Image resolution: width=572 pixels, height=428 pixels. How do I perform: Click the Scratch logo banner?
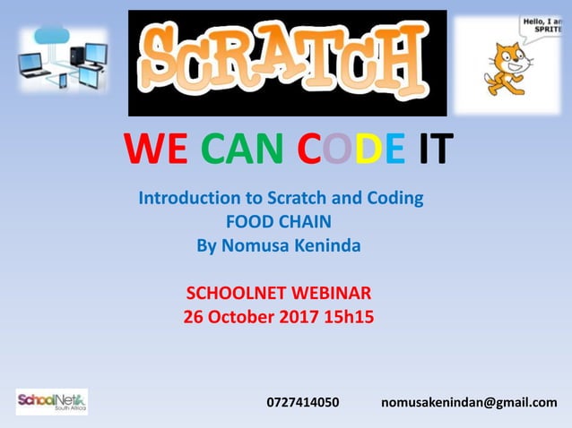[x=287, y=63]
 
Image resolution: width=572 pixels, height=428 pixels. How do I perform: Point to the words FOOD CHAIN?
[x=280, y=220]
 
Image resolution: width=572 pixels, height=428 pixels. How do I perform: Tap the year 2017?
[x=298, y=316]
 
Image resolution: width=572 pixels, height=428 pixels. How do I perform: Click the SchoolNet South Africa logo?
[x=51, y=401]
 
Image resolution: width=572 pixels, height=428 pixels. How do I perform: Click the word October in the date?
[x=240, y=316]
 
